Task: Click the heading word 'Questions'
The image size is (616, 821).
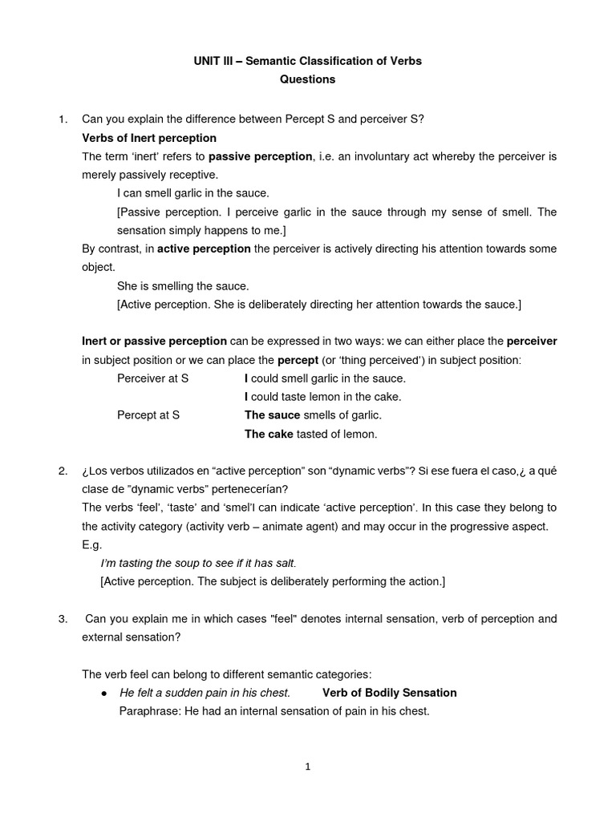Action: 307,79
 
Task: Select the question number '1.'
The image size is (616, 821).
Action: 63,119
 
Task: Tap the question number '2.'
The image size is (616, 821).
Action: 63,471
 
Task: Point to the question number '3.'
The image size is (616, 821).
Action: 63,619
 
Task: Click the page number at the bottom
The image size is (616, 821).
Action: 308,766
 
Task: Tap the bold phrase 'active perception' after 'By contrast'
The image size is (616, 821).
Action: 204,249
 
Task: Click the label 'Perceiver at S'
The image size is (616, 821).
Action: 152,378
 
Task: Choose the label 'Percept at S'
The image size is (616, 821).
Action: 148,415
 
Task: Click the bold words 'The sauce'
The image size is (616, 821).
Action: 272,415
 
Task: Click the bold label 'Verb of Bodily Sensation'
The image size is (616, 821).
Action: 389,693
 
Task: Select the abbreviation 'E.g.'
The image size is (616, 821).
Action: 92,544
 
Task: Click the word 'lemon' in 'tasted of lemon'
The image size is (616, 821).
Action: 359,434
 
